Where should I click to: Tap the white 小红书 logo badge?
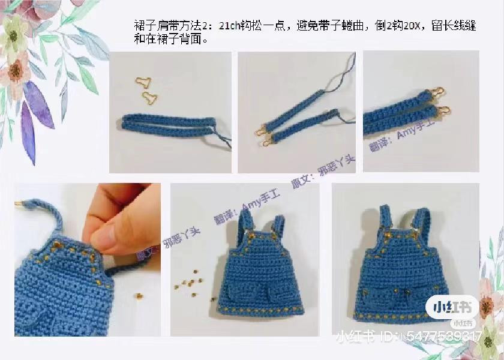click(x=452, y=307)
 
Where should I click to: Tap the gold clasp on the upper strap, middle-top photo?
click(x=329, y=113)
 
